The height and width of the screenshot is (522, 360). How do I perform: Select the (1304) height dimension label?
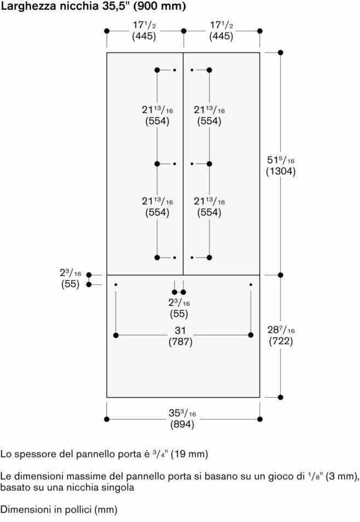[281, 171]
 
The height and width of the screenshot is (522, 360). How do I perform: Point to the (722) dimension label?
[281, 341]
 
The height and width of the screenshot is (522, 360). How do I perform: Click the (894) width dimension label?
[182, 425]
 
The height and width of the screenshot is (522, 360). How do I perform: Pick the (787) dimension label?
[181, 342]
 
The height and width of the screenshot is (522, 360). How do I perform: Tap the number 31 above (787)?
[181, 330]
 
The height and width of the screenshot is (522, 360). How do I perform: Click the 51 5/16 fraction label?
[281, 160]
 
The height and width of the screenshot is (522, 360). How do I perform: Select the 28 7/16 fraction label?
[281, 330]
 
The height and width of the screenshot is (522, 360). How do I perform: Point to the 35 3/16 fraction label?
[182, 413]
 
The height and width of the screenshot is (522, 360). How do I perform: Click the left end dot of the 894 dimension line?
[107, 419]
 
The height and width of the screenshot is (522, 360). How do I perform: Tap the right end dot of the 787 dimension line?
[251, 335]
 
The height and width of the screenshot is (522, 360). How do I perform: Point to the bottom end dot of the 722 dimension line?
[281, 397]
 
